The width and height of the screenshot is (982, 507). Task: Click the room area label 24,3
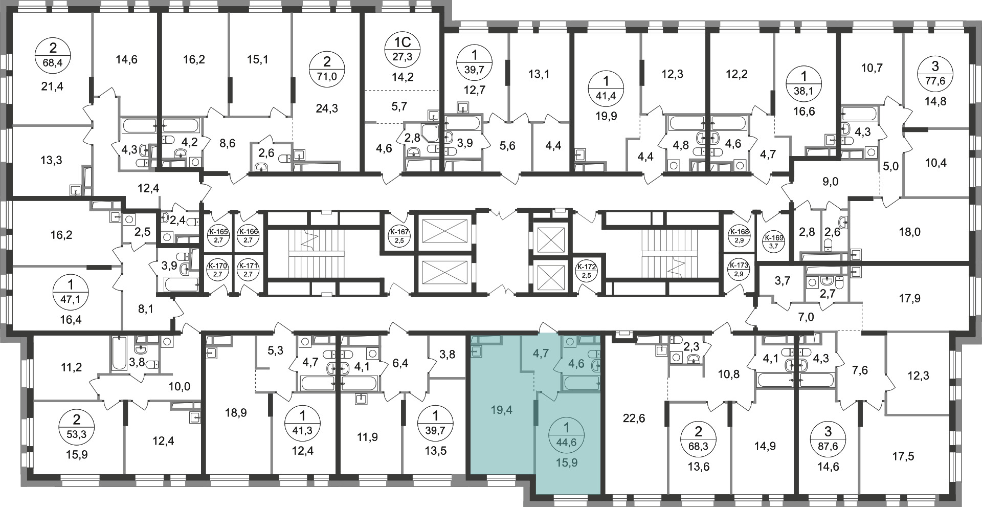click(327, 108)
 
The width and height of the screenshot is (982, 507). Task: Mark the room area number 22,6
click(635, 418)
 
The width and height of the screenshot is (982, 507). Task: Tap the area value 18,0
click(909, 232)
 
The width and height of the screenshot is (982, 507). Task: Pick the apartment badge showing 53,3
click(76, 428)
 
